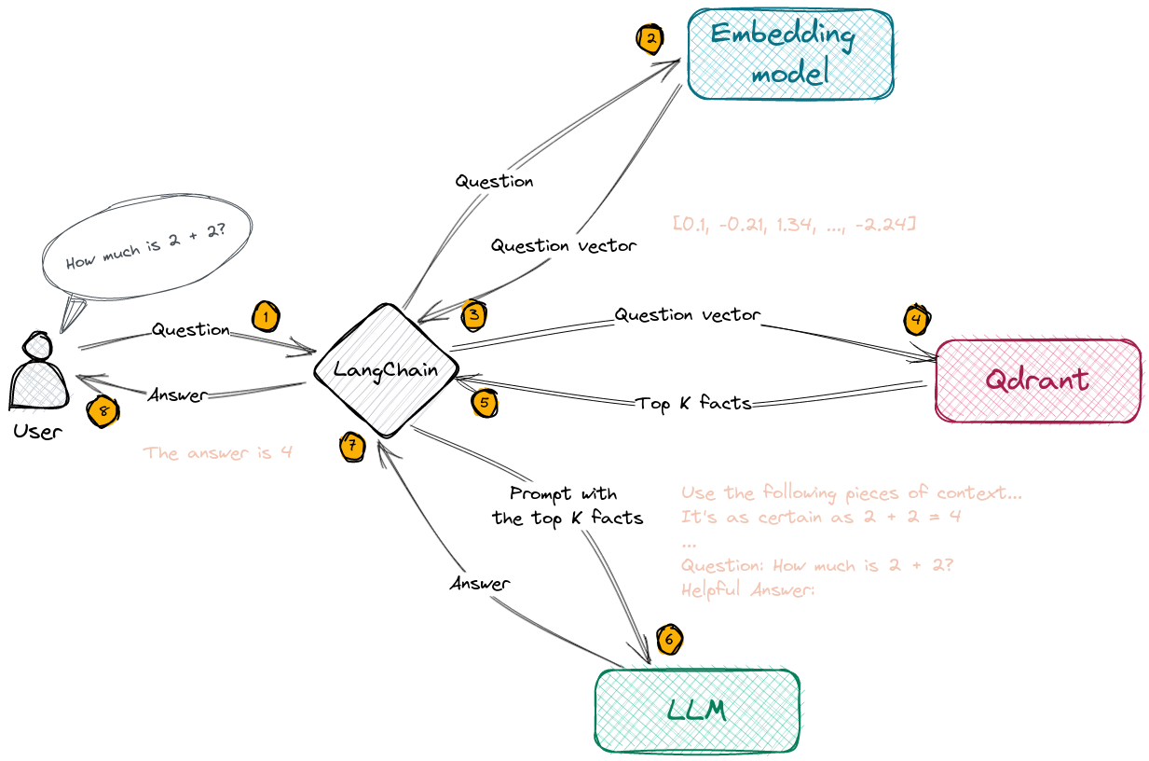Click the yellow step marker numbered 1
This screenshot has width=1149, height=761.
266,317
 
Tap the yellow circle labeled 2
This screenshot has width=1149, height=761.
650,39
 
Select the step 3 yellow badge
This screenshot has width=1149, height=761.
475,315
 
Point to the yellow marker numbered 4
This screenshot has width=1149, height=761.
917,321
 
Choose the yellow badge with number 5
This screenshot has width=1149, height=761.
485,403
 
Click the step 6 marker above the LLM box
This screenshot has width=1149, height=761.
669,640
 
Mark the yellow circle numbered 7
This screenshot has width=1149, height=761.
351,447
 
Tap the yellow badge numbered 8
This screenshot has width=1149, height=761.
103,410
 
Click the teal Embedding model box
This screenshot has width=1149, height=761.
791,54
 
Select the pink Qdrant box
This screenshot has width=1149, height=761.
1038,380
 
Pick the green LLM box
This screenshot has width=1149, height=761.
697,710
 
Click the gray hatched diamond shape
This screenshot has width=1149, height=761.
388,371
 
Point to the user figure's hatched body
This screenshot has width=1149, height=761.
41,385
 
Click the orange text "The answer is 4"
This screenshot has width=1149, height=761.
218,453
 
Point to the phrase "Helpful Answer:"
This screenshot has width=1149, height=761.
748,590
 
